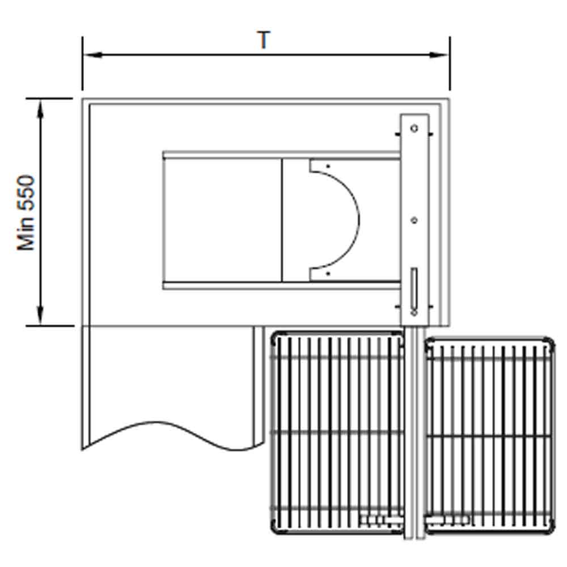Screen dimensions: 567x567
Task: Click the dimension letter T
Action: click(264, 40)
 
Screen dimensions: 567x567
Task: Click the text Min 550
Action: click(26, 213)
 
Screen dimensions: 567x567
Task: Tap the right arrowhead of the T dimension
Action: click(439, 55)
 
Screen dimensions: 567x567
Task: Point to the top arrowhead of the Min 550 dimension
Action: click(40, 108)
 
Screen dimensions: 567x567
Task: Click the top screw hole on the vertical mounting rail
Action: click(414, 128)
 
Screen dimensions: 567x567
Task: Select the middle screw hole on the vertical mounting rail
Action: click(414, 220)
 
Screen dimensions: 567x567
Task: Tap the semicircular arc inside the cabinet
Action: click(359, 220)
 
